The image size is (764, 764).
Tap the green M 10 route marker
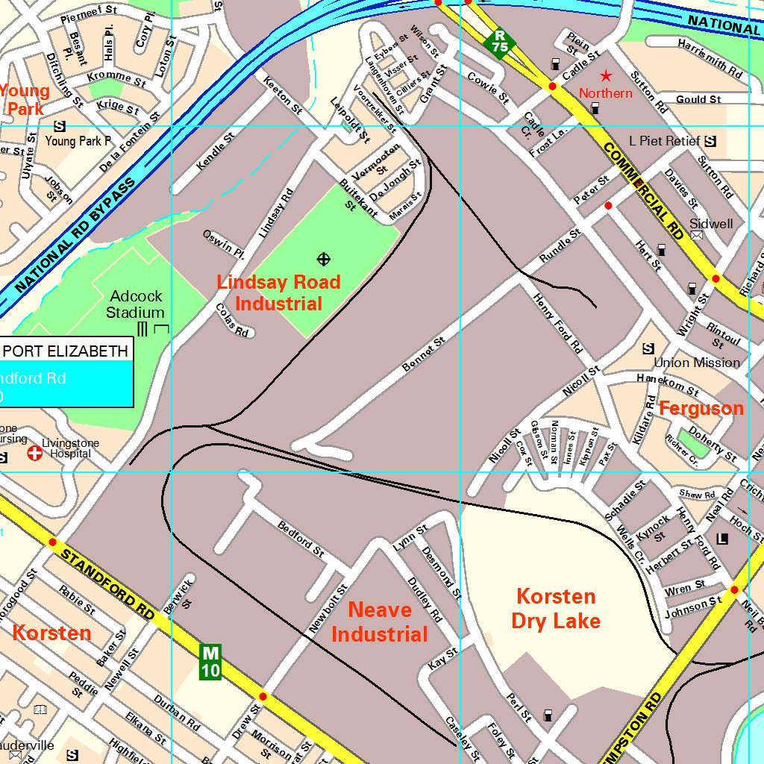(210, 662)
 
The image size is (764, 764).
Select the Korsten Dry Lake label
(556, 608)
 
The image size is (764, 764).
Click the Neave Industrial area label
(379, 621)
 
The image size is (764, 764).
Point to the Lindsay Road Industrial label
(278, 292)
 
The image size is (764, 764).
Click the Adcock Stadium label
(135, 304)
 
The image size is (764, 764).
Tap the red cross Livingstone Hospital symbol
(34, 453)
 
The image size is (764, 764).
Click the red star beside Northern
(606, 75)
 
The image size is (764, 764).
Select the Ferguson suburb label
(701, 408)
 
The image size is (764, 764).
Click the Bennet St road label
(423, 354)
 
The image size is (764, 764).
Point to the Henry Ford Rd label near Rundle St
(557, 322)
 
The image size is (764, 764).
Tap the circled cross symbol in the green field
(324, 259)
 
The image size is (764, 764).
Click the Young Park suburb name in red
(24, 100)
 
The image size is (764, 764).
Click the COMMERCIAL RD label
(643, 190)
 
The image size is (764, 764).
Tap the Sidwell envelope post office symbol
(697, 235)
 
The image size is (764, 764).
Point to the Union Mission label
(697, 363)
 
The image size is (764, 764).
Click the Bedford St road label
(301, 539)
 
